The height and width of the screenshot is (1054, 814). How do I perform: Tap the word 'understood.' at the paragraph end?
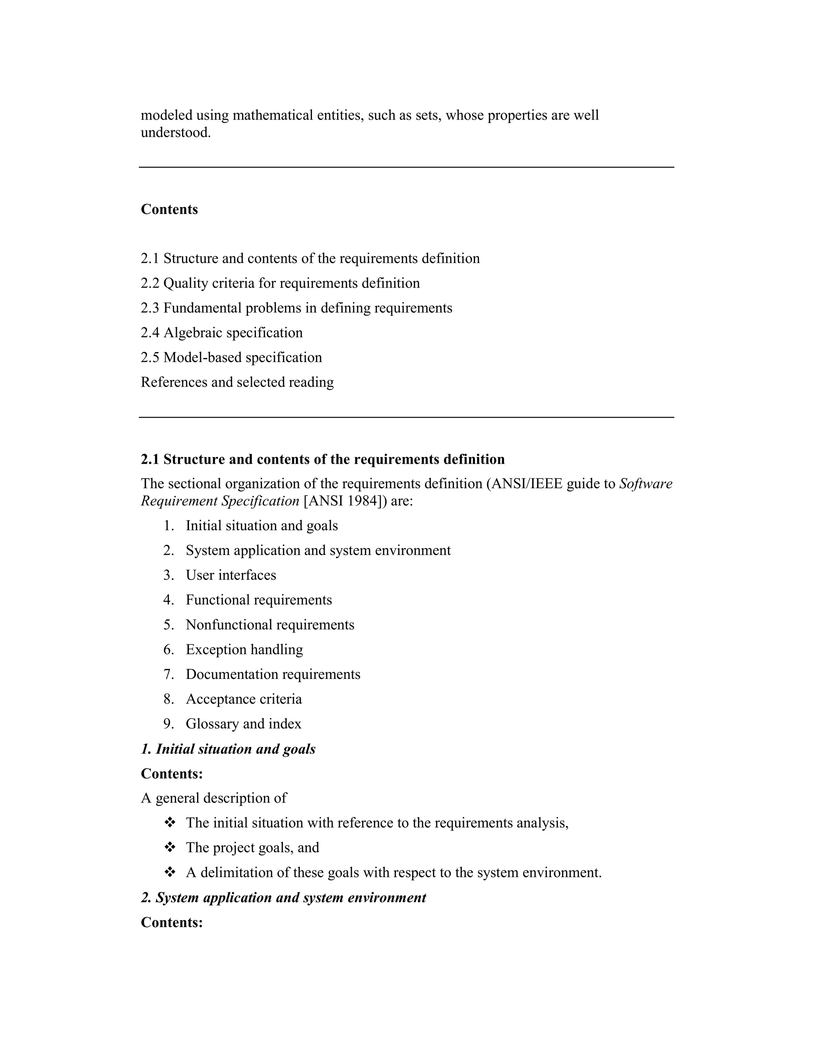coord(176,132)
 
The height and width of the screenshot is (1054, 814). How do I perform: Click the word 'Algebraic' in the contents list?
coord(192,333)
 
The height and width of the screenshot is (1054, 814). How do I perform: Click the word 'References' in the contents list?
coord(174,382)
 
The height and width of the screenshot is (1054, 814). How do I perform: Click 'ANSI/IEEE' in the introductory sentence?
coord(525,484)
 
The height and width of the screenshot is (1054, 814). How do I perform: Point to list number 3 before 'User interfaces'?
coord(168,575)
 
